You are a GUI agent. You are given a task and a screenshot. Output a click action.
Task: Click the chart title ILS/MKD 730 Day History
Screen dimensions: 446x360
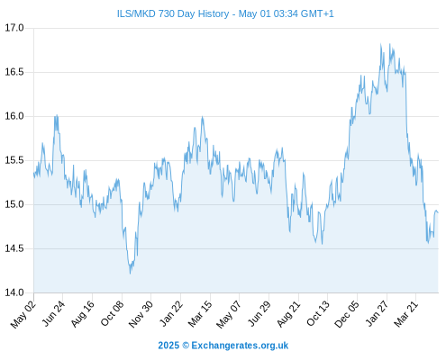click(x=173, y=13)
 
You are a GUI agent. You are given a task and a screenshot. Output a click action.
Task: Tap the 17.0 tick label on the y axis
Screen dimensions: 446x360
click(x=14, y=28)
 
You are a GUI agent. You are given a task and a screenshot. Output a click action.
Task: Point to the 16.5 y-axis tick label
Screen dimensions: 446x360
click(x=14, y=72)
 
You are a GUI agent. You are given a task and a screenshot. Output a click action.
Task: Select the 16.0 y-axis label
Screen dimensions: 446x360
click(x=14, y=116)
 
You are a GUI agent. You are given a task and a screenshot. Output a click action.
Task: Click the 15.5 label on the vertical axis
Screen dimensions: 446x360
click(x=14, y=160)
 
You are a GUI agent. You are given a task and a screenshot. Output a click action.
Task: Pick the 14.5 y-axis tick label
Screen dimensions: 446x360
click(x=14, y=248)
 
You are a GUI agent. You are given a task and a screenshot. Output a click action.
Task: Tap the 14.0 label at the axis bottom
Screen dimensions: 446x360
click(x=14, y=292)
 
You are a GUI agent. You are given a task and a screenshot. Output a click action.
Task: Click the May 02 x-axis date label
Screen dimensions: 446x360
click(x=23, y=314)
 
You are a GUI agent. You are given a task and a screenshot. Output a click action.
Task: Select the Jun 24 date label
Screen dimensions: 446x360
click(x=53, y=314)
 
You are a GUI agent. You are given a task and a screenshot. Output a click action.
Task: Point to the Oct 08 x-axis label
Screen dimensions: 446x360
click(x=113, y=314)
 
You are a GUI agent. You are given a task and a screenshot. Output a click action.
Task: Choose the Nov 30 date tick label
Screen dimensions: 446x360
click(x=141, y=314)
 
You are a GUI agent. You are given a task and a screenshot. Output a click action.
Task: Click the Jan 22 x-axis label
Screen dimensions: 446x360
click(x=171, y=314)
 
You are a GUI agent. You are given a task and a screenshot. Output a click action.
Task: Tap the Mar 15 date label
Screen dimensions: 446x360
click(x=200, y=314)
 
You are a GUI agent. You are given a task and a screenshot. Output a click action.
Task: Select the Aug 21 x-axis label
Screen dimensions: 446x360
click(x=289, y=314)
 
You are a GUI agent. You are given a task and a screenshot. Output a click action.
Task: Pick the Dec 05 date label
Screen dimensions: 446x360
click(x=347, y=314)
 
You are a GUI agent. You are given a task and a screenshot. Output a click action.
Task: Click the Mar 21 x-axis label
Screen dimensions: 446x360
click(x=406, y=314)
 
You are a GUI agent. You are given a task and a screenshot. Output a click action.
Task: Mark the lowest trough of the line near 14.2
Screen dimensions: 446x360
click(x=130, y=274)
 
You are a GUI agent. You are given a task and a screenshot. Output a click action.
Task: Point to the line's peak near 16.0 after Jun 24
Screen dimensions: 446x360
click(x=57, y=115)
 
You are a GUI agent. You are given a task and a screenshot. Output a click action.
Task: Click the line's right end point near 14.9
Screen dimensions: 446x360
click(x=438, y=212)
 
